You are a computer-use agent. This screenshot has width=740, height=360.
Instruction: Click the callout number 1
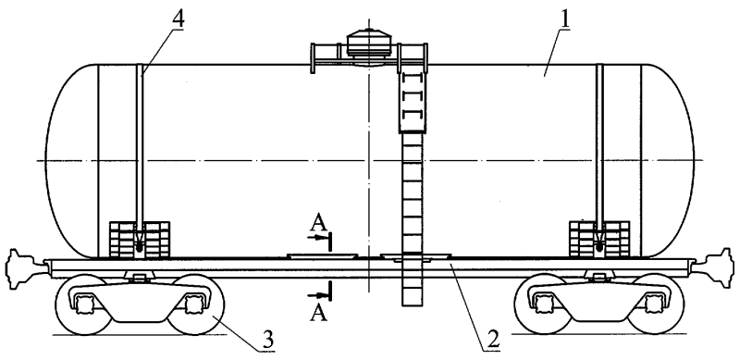(564, 19)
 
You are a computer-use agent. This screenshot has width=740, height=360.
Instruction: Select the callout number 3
(268, 341)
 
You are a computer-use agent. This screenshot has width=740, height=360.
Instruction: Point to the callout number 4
(178, 19)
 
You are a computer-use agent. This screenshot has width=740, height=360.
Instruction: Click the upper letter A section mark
(319, 223)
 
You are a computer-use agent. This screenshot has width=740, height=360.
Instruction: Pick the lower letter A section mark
(318, 313)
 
